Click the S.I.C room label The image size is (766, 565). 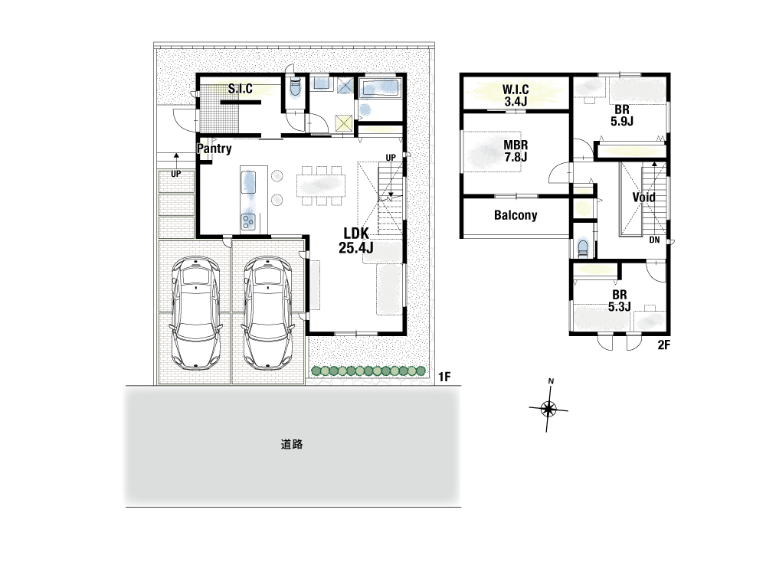(x=241, y=88)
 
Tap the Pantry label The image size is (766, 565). (x=214, y=149)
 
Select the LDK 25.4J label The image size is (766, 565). (x=355, y=240)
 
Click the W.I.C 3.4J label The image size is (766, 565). (x=516, y=95)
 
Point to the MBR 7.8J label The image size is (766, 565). (x=516, y=151)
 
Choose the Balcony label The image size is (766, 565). (x=516, y=215)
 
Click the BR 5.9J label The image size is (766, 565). (x=622, y=116)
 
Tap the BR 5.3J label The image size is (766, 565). (x=620, y=301)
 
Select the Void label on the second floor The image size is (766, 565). (x=643, y=198)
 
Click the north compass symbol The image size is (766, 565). (x=548, y=407)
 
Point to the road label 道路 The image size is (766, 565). (x=292, y=444)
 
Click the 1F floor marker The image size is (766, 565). (x=444, y=377)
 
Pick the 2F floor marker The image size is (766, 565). (x=663, y=345)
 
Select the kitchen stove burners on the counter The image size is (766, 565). (x=248, y=220)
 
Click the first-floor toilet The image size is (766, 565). (x=295, y=88)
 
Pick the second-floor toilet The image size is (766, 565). (x=583, y=247)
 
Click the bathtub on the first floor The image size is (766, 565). (x=380, y=88)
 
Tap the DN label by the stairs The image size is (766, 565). (x=655, y=240)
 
